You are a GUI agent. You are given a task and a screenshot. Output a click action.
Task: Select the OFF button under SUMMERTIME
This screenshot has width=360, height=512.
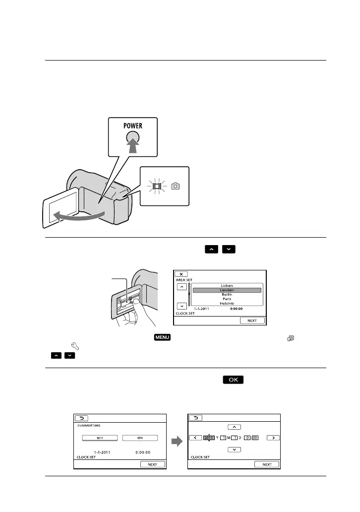[x=100, y=438]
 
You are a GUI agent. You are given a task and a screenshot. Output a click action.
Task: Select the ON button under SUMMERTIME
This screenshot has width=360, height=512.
[x=140, y=438]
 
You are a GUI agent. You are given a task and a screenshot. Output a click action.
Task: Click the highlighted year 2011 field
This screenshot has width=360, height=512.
[x=209, y=438]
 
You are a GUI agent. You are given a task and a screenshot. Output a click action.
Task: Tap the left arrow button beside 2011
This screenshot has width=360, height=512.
[x=195, y=438]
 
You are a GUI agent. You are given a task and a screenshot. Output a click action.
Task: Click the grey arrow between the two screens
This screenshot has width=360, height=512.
[x=177, y=440]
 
